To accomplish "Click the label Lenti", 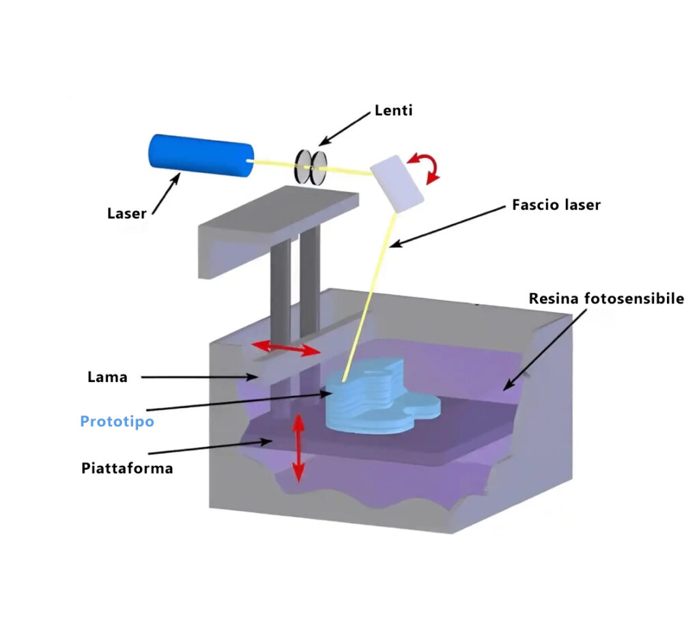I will (393, 110).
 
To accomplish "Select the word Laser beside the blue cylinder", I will (126, 213).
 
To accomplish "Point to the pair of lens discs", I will (309, 166).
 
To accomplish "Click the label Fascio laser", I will (556, 204).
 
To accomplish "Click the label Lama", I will (107, 377).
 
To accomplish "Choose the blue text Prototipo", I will (117, 421).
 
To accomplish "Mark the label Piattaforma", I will (127, 469).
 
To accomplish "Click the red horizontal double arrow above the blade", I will (286, 349).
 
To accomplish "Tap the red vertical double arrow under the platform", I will (298, 448).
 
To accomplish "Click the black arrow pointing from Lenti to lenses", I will (345, 129).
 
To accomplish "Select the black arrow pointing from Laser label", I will (166, 193).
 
